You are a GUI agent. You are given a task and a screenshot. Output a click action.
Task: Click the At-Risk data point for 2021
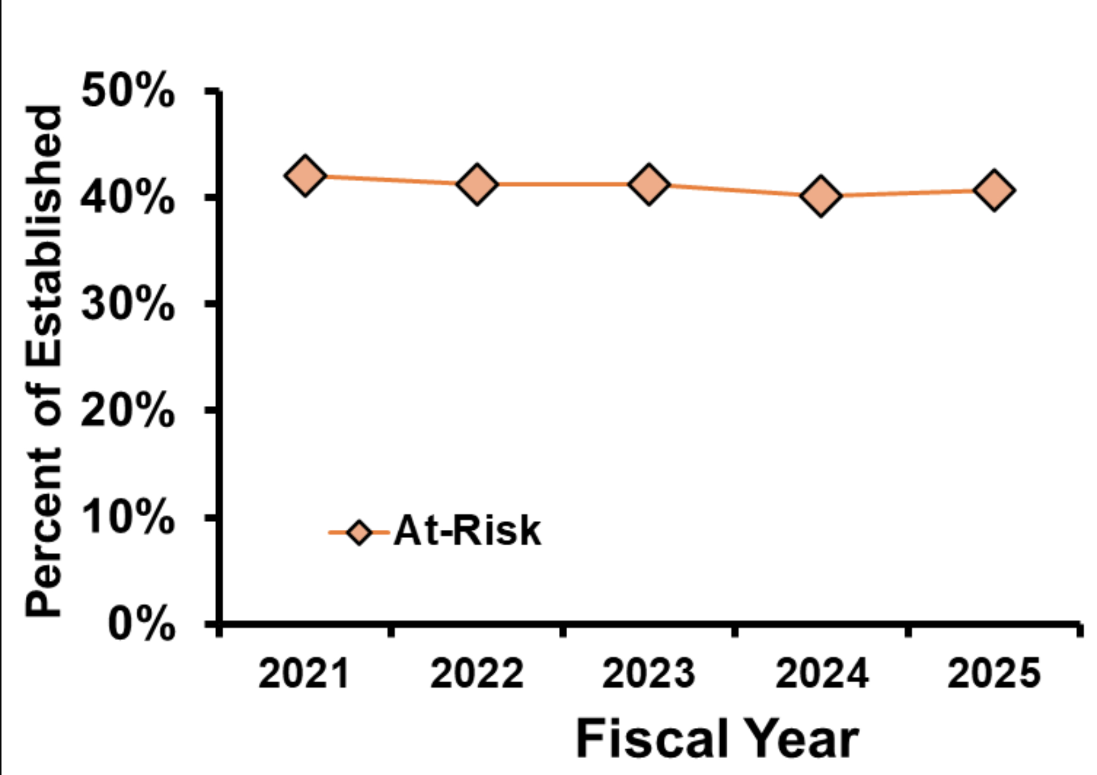tap(305, 175)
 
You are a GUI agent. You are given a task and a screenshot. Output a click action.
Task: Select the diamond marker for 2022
tap(477, 183)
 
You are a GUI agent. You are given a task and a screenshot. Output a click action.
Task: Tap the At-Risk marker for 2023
tap(649, 183)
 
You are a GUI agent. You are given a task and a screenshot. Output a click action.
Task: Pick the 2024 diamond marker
tap(821, 195)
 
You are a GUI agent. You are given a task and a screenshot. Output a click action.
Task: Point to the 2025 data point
tap(994, 190)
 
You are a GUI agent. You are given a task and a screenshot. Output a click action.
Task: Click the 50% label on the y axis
tap(128, 91)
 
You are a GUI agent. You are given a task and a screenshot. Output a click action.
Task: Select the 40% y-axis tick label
tap(128, 198)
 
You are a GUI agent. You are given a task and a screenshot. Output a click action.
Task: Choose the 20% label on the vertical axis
tap(128, 411)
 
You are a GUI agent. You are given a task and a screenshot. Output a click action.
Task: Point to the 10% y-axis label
tap(128, 518)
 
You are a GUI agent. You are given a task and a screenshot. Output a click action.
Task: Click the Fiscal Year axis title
tap(717, 739)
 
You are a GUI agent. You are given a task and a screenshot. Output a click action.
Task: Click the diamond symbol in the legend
tap(359, 533)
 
